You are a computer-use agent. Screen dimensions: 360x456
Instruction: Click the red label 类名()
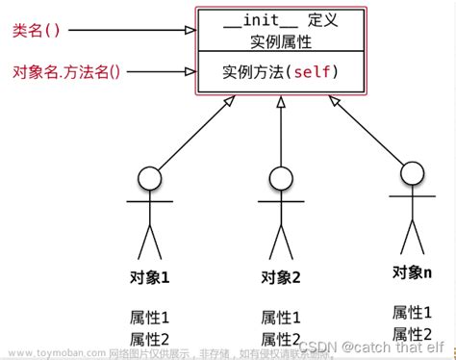click(x=37, y=31)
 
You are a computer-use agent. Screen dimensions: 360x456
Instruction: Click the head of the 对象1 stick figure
click(x=148, y=179)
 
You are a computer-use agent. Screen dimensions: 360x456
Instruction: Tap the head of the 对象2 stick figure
click(x=280, y=179)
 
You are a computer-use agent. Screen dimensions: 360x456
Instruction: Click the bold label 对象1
click(x=149, y=277)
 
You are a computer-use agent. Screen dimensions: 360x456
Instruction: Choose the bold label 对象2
click(x=281, y=277)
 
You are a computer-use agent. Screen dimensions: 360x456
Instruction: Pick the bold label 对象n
click(x=412, y=272)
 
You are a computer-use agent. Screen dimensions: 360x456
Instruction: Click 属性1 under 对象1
click(x=149, y=317)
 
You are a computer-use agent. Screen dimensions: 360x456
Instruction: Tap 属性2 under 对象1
click(x=149, y=338)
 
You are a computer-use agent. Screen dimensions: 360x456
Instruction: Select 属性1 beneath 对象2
click(x=281, y=317)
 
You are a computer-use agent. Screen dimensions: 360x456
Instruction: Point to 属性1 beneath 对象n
click(x=412, y=312)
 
